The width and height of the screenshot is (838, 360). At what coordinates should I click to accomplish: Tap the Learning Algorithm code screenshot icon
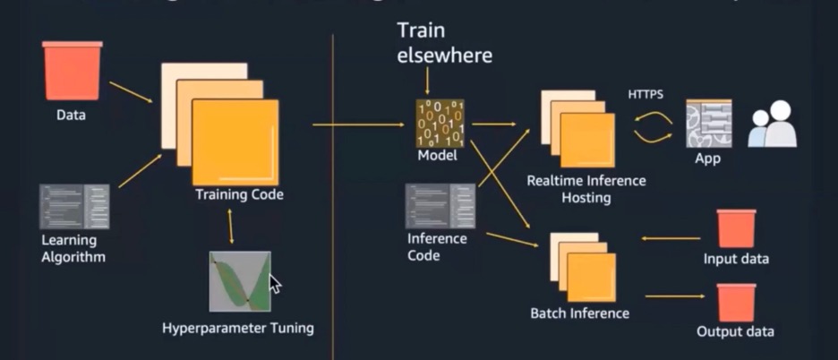(x=74, y=206)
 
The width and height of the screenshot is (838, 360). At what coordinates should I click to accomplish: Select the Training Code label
(x=239, y=194)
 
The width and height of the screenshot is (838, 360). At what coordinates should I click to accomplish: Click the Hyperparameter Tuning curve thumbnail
(x=239, y=281)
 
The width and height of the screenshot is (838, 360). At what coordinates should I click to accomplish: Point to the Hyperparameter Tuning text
(x=238, y=328)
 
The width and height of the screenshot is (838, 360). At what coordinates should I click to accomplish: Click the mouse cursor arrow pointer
(x=275, y=284)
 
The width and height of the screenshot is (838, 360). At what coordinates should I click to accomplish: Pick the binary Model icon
(x=438, y=123)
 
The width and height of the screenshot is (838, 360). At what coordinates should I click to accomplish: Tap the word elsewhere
(x=446, y=56)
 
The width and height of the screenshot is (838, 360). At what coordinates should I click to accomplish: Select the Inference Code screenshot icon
(x=439, y=206)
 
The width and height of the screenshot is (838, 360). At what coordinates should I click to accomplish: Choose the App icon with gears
(x=708, y=124)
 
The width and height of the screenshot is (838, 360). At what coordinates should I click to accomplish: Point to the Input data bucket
(x=736, y=228)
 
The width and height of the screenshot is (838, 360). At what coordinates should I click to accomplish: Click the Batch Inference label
(x=579, y=313)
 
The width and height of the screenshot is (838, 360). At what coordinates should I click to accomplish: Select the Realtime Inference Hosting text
(x=586, y=189)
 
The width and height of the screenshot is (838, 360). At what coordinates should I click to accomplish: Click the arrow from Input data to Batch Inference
(x=671, y=239)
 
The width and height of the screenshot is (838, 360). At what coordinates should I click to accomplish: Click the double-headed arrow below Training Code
(x=233, y=225)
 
